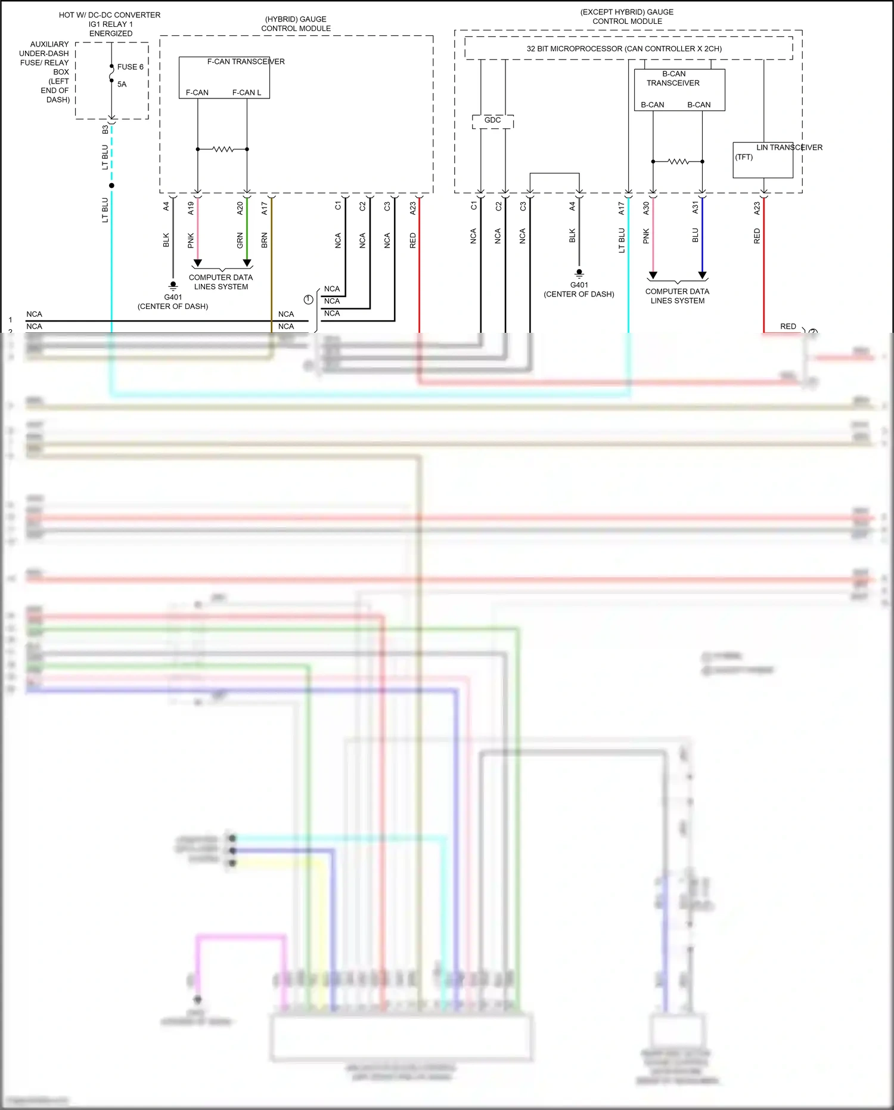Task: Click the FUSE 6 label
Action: (130, 67)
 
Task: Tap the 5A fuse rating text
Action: (122, 84)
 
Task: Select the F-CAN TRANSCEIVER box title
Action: (246, 61)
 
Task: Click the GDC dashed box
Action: (492, 120)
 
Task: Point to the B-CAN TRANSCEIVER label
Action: (673, 78)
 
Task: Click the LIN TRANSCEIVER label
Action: (789, 147)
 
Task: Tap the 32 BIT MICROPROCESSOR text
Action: (623, 49)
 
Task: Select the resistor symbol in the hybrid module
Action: (223, 149)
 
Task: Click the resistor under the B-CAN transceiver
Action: (678, 162)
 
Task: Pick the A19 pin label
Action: (191, 208)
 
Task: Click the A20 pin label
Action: (240, 208)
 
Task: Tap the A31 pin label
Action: (696, 208)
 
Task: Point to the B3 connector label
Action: (105, 129)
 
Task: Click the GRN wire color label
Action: (240, 240)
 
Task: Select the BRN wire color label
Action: (265, 240)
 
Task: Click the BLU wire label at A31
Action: (696, 236)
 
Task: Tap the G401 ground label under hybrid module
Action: (173, 297)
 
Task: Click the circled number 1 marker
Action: (308, 299)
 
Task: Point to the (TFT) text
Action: (744, 157)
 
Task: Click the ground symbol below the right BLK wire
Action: (579, 274)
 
